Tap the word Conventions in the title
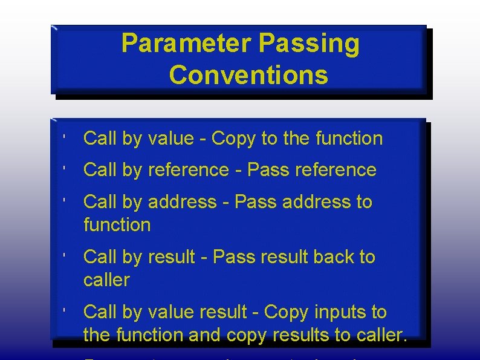248,76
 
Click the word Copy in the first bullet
234,139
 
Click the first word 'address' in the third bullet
182,201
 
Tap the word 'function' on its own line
117,225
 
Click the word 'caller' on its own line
106,280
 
